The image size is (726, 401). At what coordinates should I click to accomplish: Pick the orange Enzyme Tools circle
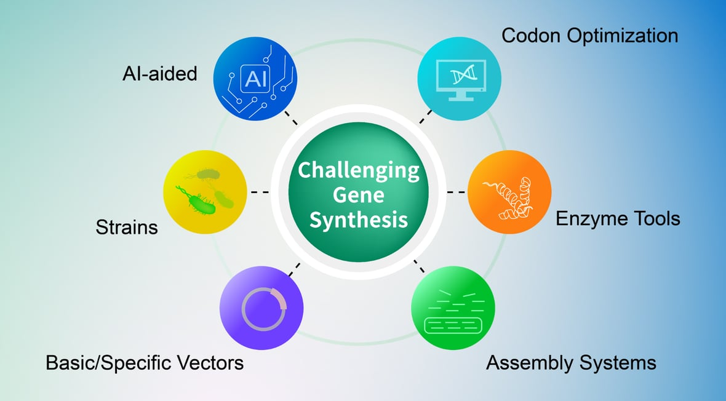click(509, 192)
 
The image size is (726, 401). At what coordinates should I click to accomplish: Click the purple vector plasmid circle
click(261, 308)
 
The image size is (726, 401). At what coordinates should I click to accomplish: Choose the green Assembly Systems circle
click(452, 308)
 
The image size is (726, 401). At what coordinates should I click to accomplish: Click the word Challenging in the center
click(358, 170)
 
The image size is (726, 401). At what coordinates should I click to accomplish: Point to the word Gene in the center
click(358, 195)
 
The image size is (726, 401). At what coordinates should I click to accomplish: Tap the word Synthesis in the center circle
click(358, 220)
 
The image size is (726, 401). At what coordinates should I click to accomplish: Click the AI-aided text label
click(159, 74)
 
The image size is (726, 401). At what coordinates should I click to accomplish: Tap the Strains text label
click(127, 228)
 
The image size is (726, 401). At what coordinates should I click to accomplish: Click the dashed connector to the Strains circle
click(260, 193)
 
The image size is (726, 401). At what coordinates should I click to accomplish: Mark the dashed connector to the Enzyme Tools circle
click(456, 193)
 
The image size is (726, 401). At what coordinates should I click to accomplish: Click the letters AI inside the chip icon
click(256, 79)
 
